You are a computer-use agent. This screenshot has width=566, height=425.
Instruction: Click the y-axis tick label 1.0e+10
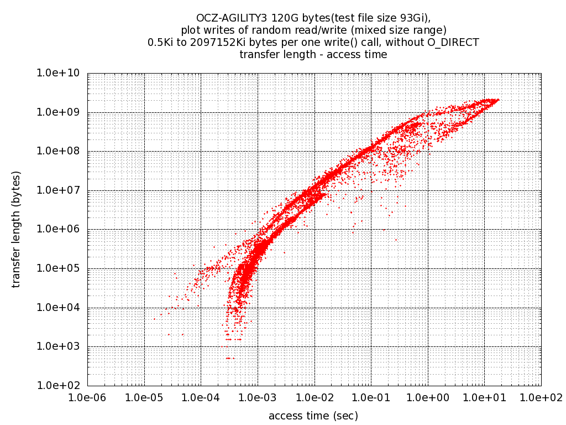click(59, 73)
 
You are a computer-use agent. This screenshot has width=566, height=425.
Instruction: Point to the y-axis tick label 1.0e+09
click(59, 112)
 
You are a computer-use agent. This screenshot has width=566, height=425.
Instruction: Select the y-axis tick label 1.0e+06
click(59, 230)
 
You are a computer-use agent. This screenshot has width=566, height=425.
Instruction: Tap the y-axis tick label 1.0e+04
click(59, 308)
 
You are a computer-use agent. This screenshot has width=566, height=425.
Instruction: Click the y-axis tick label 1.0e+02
click(59, 386)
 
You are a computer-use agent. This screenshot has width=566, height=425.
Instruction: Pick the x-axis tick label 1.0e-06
click(87, 397)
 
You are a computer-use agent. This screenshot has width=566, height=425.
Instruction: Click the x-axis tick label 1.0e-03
click(258, 397)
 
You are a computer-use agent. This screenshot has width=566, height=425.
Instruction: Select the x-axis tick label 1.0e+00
click(427, 397)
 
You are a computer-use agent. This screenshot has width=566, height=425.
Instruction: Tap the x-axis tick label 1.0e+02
click(541, 397)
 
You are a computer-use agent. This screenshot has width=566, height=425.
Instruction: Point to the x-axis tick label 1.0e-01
click(371, 397)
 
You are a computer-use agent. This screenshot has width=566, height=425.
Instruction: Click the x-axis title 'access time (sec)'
click(313, 416)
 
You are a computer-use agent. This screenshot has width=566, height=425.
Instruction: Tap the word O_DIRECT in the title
click(453, 43)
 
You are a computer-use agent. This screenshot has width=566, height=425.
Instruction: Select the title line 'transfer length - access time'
click(313, 55)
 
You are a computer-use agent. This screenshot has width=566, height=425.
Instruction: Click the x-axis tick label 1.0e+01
click(484, 397)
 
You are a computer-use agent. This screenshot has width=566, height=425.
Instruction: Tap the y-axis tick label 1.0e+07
click(59, 190)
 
